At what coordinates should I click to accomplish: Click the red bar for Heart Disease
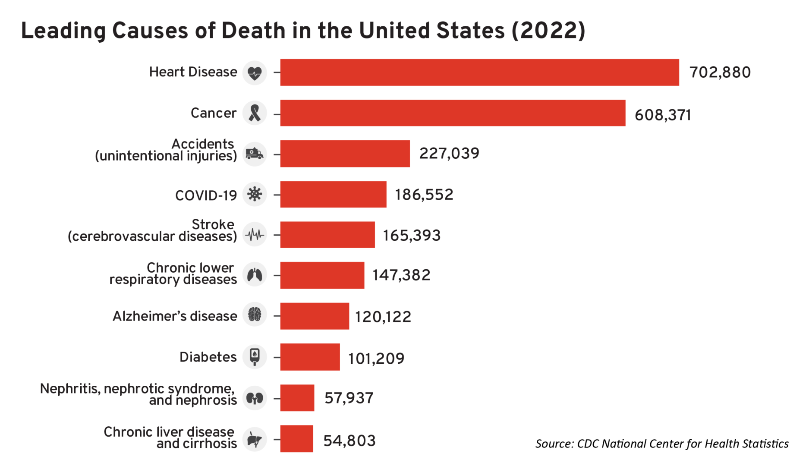[479, 72]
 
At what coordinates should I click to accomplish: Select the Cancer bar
[452, 113]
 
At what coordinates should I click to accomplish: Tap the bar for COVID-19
[333, 195]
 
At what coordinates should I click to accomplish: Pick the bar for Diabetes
[310, 357]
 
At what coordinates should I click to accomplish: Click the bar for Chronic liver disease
[296, 439]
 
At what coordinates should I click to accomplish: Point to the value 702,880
[720, 72]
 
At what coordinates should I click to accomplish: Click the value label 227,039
[449, 154]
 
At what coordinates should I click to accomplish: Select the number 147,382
[401, 275]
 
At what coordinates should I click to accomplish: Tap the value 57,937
[349, 398]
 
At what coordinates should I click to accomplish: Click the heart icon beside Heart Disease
[255, 73]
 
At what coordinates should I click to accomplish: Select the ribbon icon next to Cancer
[255, 113]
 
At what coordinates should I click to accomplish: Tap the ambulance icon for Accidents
[255, 154]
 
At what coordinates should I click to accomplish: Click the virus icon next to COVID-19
[255, 194]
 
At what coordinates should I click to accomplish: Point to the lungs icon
[255, 275]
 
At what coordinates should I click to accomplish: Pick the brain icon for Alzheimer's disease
[255, 315]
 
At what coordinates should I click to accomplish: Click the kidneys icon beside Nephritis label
[255, 398]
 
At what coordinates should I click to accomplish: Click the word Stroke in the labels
[213, 224]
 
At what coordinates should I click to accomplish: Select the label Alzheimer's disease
[175, 316]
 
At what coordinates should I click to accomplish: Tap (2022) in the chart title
[548, 31]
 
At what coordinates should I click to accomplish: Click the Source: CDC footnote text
[661, 444]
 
